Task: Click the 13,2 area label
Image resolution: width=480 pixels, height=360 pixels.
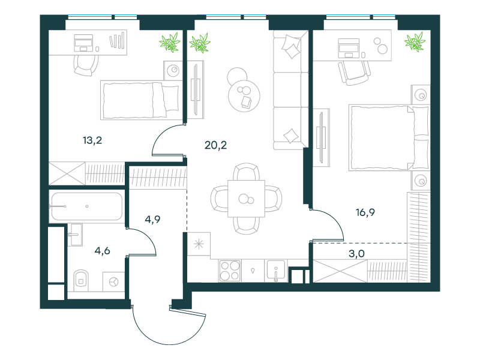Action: (92, 140)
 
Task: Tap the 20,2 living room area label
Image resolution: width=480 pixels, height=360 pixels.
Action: (215, 145)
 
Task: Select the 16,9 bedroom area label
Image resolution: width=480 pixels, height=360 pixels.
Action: (365, 212)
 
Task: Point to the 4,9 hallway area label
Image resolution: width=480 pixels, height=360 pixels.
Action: (152, 220)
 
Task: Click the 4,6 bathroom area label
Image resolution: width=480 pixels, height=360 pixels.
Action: (102, 251)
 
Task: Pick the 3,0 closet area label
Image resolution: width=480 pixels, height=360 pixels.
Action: (356, 253)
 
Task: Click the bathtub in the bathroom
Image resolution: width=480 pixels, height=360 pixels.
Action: (87, 206)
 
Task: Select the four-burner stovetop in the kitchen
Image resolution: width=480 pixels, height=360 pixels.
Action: (230, 271)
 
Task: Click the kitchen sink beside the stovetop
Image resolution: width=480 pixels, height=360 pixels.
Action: (276, 271)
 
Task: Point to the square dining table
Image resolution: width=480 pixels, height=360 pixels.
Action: (246, 199)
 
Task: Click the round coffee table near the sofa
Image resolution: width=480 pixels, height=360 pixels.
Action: (244, 96)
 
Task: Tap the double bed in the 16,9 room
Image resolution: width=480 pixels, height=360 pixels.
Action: (389, 137)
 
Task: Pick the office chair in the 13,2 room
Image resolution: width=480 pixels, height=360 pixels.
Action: (86, 65)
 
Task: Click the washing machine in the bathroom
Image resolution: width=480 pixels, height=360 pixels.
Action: (113, 281)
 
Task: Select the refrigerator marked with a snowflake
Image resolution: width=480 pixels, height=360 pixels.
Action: (199, 244)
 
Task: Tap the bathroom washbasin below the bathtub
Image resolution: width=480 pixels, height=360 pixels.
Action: (75, 235)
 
